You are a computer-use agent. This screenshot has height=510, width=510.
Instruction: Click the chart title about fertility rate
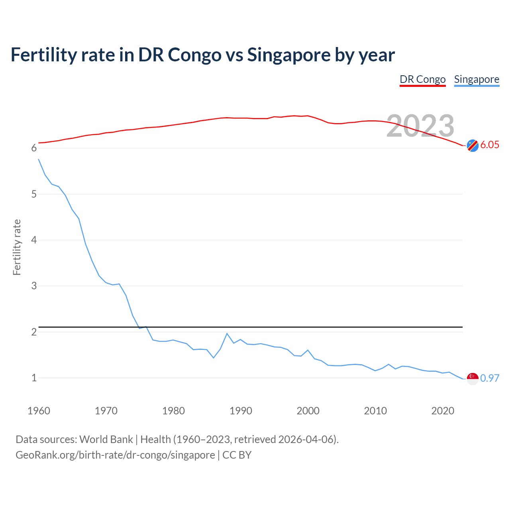(x=202, y=55)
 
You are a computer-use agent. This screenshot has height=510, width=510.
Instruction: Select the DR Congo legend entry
(x=422, y=79)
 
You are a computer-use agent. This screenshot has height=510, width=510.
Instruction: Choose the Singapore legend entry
(x=477, y=79)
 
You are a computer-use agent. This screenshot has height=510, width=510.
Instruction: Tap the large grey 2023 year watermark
(x=420, y=126)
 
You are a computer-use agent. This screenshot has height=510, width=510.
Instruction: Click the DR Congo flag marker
(x=473, y=146)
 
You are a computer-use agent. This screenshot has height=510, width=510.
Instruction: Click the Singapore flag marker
(x=473, y=379)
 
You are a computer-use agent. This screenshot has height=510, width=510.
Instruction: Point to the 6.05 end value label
(x=490, y=145)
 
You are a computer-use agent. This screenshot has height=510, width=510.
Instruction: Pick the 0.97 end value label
(x=490, y=379)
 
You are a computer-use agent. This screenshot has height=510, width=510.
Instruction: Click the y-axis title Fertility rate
(x=17, y=247)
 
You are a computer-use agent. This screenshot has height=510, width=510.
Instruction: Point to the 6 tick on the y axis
(x=34, y=148)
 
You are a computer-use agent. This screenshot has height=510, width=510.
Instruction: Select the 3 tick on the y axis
(x=34, y=286)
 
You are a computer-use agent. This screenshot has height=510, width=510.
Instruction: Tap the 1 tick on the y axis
(x=34, y=378)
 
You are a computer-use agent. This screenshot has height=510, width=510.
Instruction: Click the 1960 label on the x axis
(x=39, y=411)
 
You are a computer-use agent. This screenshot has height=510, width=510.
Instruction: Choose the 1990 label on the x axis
(x=241, y=411)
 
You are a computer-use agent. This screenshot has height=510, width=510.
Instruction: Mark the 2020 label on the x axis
(x=443, y=411)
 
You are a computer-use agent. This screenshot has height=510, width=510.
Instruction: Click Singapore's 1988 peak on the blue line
(x=227, y=333)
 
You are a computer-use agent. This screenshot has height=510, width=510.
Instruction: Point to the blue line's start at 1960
(x=39, y=159)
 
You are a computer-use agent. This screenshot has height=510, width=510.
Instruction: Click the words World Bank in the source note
(x=106, y=439)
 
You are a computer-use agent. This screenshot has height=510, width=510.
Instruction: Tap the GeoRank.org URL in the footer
(x=115, y=455)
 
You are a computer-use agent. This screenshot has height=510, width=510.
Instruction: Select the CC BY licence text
(x=237, y=455)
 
